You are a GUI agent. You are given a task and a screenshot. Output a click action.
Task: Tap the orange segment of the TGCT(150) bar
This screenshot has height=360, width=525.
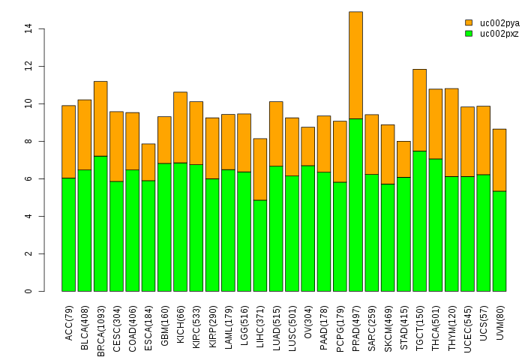click(419, 110)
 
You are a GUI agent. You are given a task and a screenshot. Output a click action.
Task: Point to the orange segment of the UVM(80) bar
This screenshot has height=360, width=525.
click(499, 160)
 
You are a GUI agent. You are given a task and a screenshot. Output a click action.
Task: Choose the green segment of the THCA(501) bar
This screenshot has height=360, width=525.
click(436, 225)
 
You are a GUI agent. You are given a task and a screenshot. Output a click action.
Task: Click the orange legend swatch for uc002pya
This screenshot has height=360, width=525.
click(469, 23)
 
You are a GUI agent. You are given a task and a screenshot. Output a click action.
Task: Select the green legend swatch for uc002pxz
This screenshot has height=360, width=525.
click(469, 34)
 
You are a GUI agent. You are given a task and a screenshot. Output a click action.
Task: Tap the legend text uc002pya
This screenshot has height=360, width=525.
click(499, 23)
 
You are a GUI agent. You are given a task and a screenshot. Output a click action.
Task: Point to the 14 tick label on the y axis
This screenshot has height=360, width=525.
click(28, 28)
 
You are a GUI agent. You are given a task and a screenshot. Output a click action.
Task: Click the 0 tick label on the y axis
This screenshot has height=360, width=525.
click(28, 291)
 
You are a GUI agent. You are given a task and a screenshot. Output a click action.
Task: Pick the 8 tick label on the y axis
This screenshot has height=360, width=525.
click(28, 141)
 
